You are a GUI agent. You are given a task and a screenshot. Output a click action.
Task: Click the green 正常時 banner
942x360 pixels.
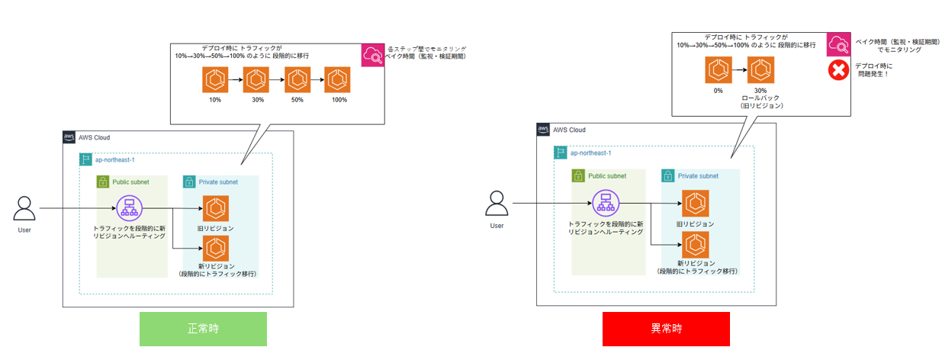tap(203, 329)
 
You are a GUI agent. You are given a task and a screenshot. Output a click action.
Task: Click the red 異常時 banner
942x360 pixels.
tap(666, 329)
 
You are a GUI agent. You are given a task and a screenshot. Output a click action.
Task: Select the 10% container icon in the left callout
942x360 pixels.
tap(216, 79)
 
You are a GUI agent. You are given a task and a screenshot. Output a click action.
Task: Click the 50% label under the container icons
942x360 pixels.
tap(297, 100)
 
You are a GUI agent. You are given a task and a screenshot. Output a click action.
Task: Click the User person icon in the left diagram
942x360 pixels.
tap(25, 208)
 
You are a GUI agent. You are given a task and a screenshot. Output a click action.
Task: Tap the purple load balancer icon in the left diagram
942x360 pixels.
tap(127, 207)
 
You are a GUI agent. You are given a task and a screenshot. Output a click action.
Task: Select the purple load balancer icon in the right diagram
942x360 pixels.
tap(605, 204)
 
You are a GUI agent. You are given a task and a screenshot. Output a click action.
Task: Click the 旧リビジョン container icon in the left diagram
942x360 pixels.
tap(216, 208)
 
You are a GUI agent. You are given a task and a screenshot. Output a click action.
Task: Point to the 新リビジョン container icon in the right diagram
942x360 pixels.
tap(696, 245)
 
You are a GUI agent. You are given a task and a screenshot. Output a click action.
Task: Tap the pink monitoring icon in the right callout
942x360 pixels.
tap(839, 44)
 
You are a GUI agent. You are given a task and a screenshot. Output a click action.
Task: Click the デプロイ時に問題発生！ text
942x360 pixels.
tap(873, 71)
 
